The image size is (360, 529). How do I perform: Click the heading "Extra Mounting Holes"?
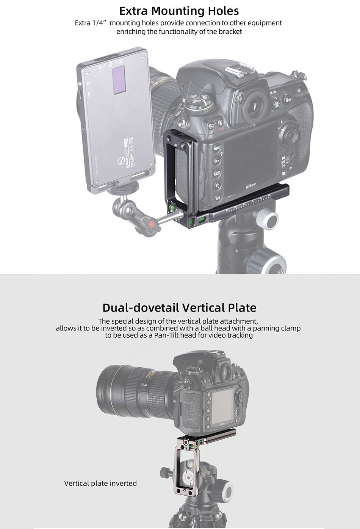[179, 11]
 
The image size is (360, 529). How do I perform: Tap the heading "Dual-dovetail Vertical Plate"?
[179, 308]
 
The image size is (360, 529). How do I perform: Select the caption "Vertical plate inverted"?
[100, 483]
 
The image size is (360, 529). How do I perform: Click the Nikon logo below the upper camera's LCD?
[250, 186]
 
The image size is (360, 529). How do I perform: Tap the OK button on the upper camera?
[218, 198]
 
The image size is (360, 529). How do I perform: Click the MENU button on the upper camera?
[217, 148]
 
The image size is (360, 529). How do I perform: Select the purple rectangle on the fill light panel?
[119, 80]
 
